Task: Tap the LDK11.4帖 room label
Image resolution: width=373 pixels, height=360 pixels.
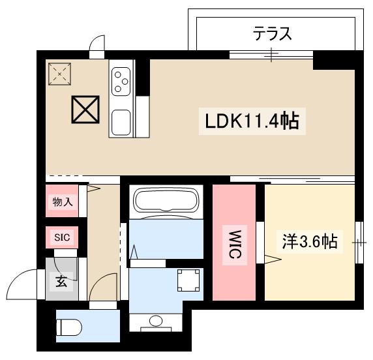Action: pos(251,121)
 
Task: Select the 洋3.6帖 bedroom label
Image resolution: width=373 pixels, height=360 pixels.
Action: pos(310,242)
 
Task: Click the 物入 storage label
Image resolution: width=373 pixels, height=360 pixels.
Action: pos(62,202)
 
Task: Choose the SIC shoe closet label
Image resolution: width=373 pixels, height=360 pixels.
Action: pos(62,237)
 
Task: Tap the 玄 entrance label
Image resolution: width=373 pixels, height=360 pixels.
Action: pos(61,282)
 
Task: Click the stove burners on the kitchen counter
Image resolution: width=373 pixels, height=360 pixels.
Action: pos(121,80)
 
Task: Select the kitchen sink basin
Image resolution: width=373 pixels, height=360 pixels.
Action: pos(121,121)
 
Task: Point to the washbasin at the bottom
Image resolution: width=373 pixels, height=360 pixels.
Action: pos(157,322)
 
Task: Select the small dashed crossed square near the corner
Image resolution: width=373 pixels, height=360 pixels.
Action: pos(60,74)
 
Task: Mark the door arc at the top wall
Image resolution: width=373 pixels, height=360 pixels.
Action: pos(98,43)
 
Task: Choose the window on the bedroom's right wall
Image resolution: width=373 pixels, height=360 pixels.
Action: pos(358,243)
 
